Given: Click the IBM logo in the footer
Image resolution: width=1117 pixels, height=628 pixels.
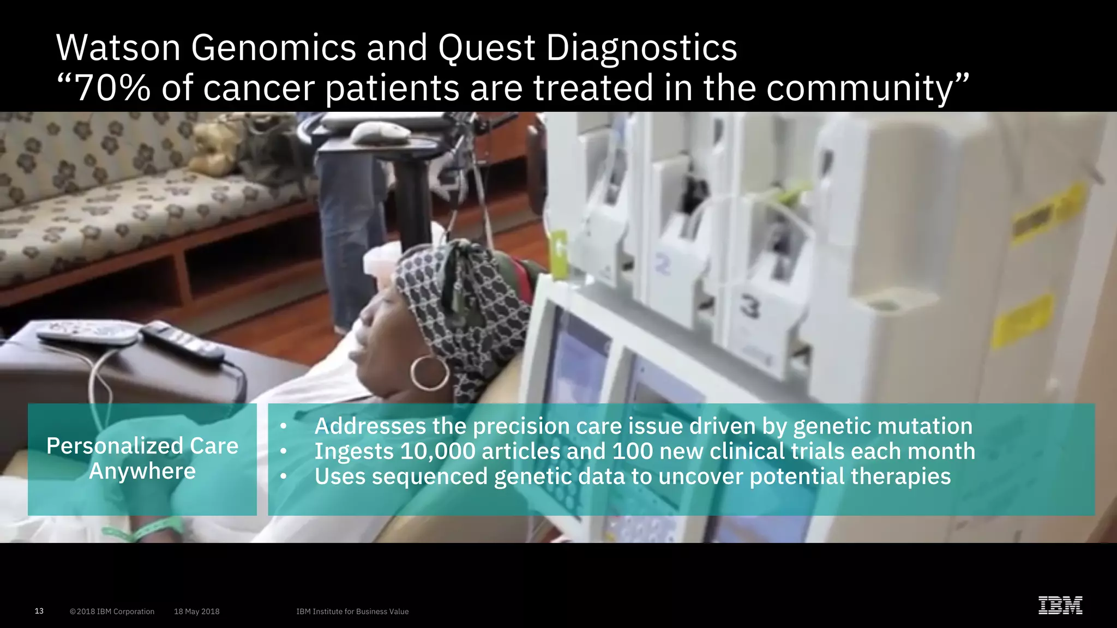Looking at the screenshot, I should click(1060, 606).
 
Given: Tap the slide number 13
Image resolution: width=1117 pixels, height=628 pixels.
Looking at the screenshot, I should click(39, 611).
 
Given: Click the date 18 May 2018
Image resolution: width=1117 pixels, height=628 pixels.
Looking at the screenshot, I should click(196, 612).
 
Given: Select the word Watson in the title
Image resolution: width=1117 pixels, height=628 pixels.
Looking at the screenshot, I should click(118, 48).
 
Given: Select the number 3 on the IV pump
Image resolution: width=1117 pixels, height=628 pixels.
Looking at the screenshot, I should click(749, 309).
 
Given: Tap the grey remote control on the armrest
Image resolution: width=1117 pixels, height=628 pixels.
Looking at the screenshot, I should click(87, 333).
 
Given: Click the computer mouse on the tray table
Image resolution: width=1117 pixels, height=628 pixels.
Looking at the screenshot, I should click(380, 132).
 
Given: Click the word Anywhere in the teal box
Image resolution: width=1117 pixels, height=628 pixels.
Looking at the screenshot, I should click(142, 471).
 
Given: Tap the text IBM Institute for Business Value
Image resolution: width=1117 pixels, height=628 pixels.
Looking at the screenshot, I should click(352, 612).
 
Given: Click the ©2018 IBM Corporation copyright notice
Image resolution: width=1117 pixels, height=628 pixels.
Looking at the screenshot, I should click(112, 612).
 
